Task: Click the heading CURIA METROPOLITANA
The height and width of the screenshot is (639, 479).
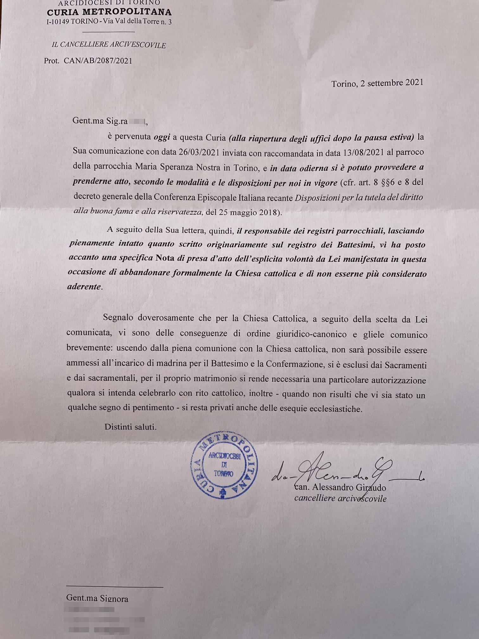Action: coord(109,12)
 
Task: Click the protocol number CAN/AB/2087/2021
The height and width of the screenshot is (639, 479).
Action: coord(98,61)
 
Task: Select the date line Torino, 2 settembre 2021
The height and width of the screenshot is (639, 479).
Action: coord(377,83)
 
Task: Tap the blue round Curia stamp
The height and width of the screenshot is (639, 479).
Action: coord(224,465)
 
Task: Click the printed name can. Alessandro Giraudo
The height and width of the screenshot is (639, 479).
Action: coord(340,487)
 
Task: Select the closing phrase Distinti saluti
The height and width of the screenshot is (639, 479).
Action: coord(131,427)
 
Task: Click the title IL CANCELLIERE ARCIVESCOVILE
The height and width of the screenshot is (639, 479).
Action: coord(109,45)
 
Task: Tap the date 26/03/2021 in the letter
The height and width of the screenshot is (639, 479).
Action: coord(199,152)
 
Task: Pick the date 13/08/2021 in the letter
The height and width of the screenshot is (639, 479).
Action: coord(364,152)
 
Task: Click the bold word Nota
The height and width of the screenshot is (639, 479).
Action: coord(165,258)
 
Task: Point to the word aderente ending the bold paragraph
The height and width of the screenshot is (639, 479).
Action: coord(84,287)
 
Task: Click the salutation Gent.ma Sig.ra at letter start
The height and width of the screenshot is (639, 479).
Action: coord(100,121)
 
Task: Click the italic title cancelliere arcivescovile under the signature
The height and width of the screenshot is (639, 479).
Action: coord(340,498)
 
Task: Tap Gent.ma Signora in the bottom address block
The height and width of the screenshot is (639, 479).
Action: coord(97,598)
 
